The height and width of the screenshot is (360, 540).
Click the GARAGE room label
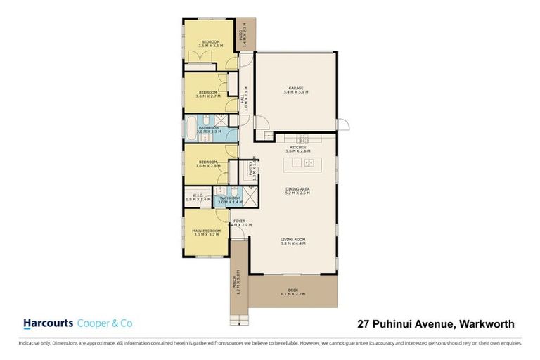click(x=295, y=88)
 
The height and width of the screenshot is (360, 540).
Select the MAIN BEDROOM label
click(x=207, y=230)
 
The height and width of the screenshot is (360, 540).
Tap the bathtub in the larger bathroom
click(x=192, y=129)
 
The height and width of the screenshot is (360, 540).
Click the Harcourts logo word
click(x=48, y=323)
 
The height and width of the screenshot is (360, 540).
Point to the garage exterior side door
click(x=344, y=127)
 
